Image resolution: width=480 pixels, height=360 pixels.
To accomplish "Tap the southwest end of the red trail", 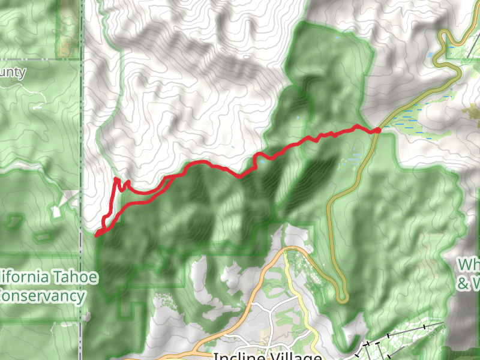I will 97,236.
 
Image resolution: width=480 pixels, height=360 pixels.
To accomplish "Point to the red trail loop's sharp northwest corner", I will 116,179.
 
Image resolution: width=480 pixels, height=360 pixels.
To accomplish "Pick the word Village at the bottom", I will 296,356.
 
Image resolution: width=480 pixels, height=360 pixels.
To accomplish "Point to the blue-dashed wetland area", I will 414,117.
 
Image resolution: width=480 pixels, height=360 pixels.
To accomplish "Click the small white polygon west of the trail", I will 56,211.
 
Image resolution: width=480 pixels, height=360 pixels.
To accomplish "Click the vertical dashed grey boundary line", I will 82,150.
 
